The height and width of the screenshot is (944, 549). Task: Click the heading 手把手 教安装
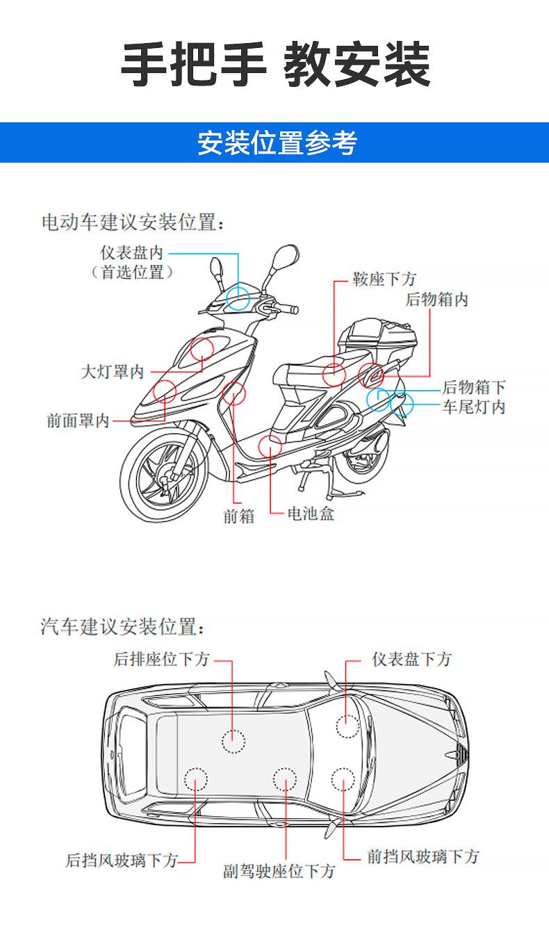[275, 65]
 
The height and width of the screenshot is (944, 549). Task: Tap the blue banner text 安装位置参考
[277, 143]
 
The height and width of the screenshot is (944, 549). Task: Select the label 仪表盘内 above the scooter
[132, 252]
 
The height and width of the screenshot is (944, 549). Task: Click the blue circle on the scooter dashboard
[238, 297]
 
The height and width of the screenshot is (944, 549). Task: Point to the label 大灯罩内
[112, 372]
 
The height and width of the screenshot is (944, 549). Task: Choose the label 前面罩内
[78, 421]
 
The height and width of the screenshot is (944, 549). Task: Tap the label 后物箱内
[437, 300]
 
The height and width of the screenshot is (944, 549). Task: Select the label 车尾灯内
[473, 407]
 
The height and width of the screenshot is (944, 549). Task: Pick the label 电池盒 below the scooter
[311, 514]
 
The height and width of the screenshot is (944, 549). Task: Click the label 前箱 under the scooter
[238, 516]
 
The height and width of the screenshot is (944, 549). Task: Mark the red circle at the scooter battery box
[270, 446]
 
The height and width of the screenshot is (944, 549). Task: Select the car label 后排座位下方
[162, 659]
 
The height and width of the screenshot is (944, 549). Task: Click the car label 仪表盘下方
[411, 659]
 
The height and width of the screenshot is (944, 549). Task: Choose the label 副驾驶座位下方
[279, 871]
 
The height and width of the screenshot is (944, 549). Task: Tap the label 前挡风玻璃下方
[423, 856]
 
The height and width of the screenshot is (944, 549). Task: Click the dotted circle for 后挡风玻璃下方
[196, 780]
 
